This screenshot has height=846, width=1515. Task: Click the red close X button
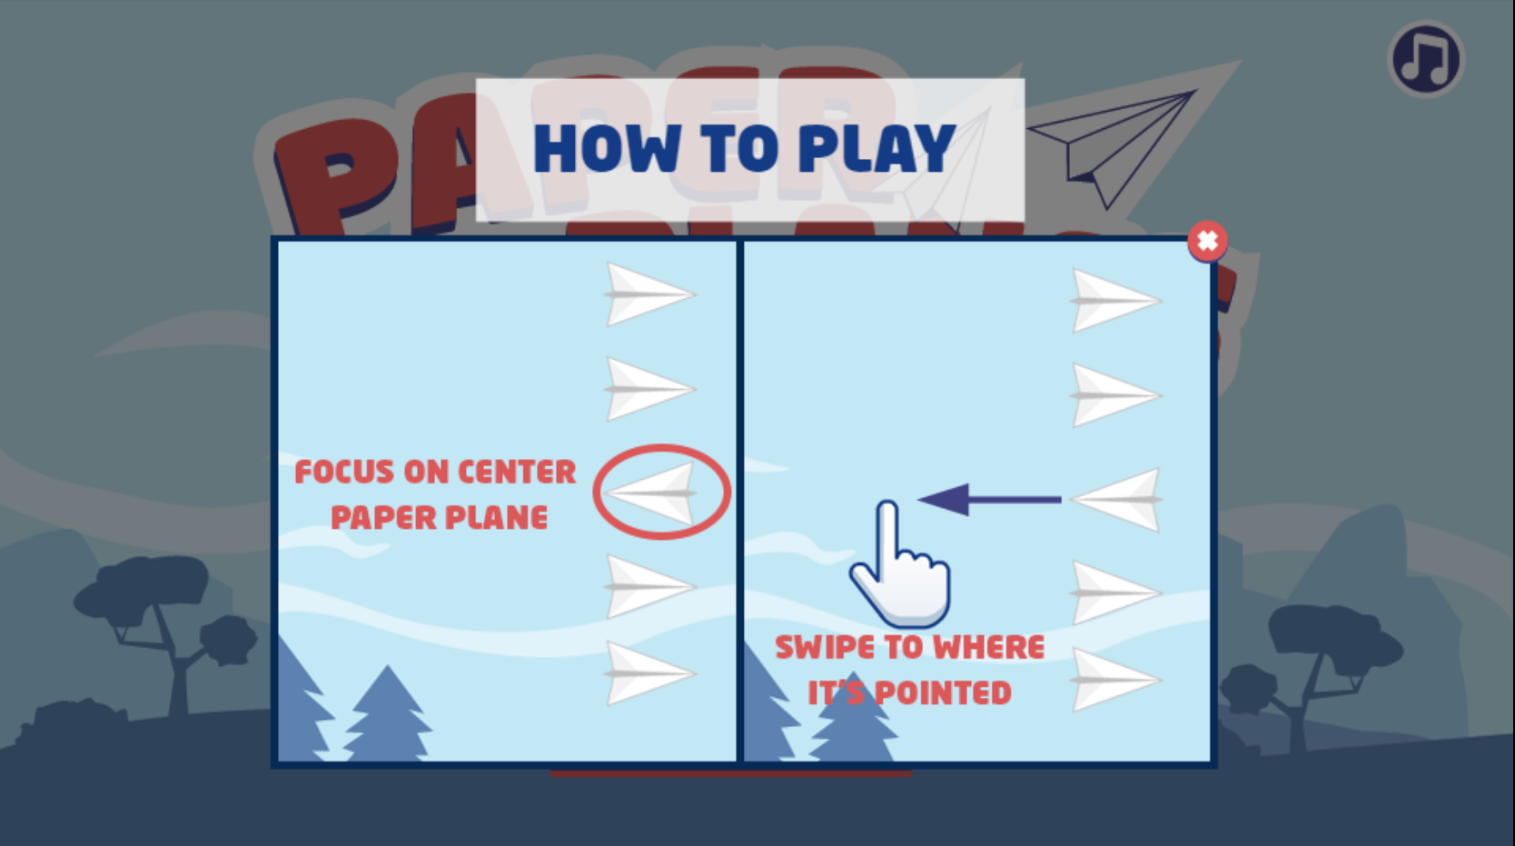[x=1207, y=241]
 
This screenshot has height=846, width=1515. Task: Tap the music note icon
[x=1426, y=59]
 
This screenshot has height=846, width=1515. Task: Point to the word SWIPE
[x=824, y=647]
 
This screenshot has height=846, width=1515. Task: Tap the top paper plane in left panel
[x=649, y=294]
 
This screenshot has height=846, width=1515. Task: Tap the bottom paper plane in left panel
[x=649, y=673]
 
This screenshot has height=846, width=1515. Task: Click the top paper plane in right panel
[x=1114, y=300]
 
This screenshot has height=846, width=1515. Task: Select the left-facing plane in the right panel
[x=1117, y=499]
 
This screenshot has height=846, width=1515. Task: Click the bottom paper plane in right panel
[x=1114, y=680]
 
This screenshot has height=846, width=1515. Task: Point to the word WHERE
[x=989, y=647]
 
